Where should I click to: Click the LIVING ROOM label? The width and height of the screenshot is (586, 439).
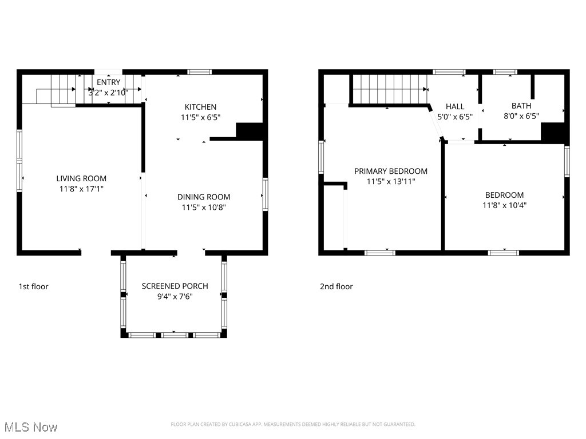(x=81, y=178)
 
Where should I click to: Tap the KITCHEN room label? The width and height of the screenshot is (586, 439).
(x=200, y=107)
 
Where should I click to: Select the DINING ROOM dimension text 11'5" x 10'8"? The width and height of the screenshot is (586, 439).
(x=204, y=207)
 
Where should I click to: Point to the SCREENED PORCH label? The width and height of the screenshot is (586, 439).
(x=175, y=286)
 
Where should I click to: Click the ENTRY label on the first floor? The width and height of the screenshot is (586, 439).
(x=108, y=82)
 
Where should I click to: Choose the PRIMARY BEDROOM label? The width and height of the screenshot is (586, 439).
(x=391, y=171)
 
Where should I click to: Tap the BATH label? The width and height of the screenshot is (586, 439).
(x=521, y=106)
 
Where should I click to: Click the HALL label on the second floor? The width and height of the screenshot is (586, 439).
(x=455, y=106)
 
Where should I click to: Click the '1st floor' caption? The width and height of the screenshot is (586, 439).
(x=33, y=286)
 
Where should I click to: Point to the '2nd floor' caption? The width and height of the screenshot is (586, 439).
(x=336, y=286)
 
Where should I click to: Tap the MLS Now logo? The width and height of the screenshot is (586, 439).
(x=31, y=427)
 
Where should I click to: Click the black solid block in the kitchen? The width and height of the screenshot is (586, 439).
(x=250, y=131)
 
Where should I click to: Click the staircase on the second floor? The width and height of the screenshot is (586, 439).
(x=389, y=90)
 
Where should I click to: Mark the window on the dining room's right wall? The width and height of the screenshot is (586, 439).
(x=266, y=194)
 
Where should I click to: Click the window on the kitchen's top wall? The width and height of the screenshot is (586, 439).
(x=200, y=72)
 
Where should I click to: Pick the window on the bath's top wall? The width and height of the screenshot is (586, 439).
(x=505, y=72)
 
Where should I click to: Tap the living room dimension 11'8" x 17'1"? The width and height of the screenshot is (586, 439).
(x=81, y=188)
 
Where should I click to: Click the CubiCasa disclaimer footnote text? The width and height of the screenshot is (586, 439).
(x=293, y=424)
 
